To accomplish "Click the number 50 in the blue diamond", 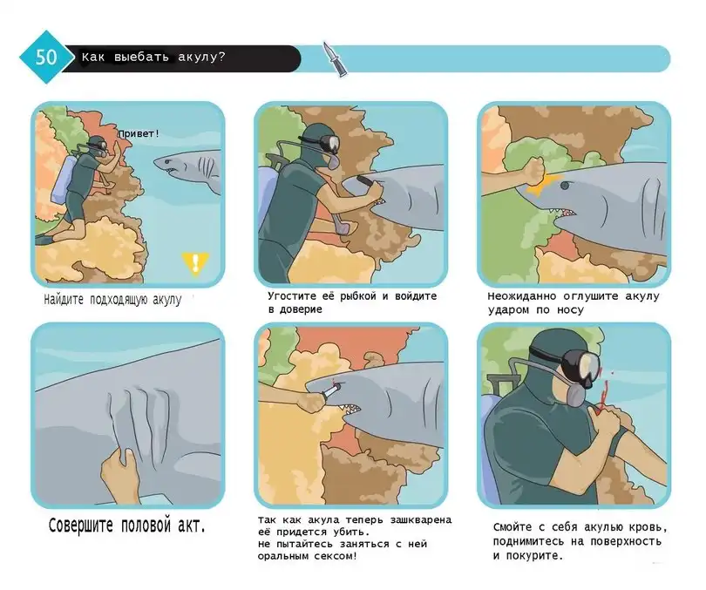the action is (46, 58).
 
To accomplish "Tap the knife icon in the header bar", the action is (335, 59).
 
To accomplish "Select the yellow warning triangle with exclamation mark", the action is (195, 262).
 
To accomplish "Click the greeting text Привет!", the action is (139, 133).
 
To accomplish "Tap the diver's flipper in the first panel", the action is (46, 240).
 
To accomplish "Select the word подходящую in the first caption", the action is (119, 300).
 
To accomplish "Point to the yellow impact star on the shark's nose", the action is (544, 184).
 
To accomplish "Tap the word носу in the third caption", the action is (570, 310).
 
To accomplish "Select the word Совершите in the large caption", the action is (80, 526).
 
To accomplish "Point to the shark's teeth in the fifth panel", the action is (350, 408).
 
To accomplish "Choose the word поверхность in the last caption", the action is (630, 541).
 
